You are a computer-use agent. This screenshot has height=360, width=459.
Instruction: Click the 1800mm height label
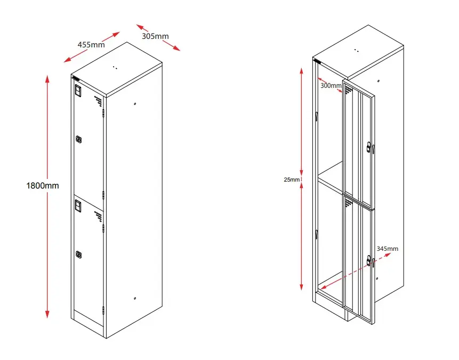tap(42, 186)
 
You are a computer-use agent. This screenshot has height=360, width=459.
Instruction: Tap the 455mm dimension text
tap(91, 45)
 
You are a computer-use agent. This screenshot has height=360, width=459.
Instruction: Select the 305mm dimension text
tap(155, 36)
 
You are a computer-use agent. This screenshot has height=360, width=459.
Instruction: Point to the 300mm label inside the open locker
tap(331, 85)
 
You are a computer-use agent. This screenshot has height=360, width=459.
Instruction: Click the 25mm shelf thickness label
tap(291, 179)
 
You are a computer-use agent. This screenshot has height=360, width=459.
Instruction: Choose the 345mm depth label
tap(387, 248)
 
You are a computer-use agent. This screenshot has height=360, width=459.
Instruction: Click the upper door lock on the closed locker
tap(79, 140)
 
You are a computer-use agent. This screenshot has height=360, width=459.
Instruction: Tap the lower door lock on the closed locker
tap(79, 255)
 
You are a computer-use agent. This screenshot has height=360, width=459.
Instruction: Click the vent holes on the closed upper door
tap(98, 100)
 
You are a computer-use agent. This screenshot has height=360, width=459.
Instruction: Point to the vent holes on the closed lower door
tap(98, 216)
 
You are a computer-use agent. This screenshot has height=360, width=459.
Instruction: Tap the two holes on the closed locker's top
tap(114, 68)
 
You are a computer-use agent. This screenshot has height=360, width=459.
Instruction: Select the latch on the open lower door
tap(371, 261)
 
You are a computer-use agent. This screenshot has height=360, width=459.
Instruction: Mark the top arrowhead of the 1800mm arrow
tap(47, 79)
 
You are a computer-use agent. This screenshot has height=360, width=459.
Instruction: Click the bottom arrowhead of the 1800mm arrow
tap(47, 315)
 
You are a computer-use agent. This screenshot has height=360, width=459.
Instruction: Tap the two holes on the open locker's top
tap(356, 51)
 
